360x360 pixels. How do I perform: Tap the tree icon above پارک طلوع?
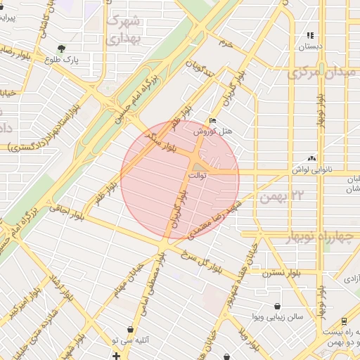62,49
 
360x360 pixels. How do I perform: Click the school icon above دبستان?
310,36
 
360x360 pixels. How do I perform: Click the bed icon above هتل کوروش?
213,120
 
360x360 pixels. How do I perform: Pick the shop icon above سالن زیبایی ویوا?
278,307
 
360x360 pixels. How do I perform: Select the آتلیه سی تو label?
131,340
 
